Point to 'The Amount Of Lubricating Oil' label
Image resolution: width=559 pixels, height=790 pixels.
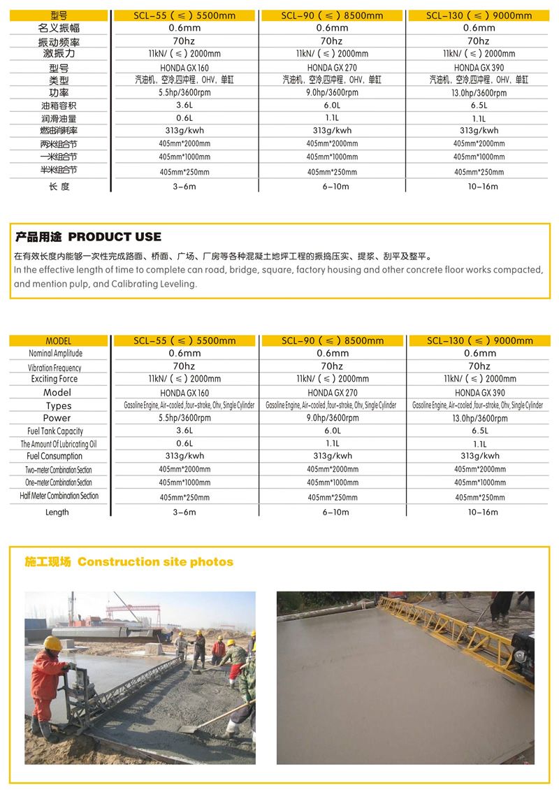tap(59, 444)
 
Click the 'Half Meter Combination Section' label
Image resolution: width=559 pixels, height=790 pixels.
tap(59, 496)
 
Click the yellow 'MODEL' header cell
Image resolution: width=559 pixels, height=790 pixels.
tap(59, 340)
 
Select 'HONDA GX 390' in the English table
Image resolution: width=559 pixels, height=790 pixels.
tap(479, 393)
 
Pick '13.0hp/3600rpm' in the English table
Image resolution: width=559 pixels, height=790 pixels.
tap(479, 418)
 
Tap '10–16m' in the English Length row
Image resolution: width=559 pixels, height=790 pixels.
tap(479, 512)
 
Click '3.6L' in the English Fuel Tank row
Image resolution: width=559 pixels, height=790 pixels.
tap(184, 431)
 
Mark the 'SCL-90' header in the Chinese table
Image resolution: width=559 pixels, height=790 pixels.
tap(332, 15)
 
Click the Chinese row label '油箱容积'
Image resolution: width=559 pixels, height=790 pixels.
tap(59, 106)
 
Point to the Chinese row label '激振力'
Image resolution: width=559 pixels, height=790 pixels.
tap(59, 53)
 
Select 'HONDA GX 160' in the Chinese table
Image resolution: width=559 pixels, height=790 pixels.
tap(184, 68)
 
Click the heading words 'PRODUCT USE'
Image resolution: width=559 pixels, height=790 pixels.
tap(115, 237)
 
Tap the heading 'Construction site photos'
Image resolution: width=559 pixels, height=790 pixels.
tap(155, 562)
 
